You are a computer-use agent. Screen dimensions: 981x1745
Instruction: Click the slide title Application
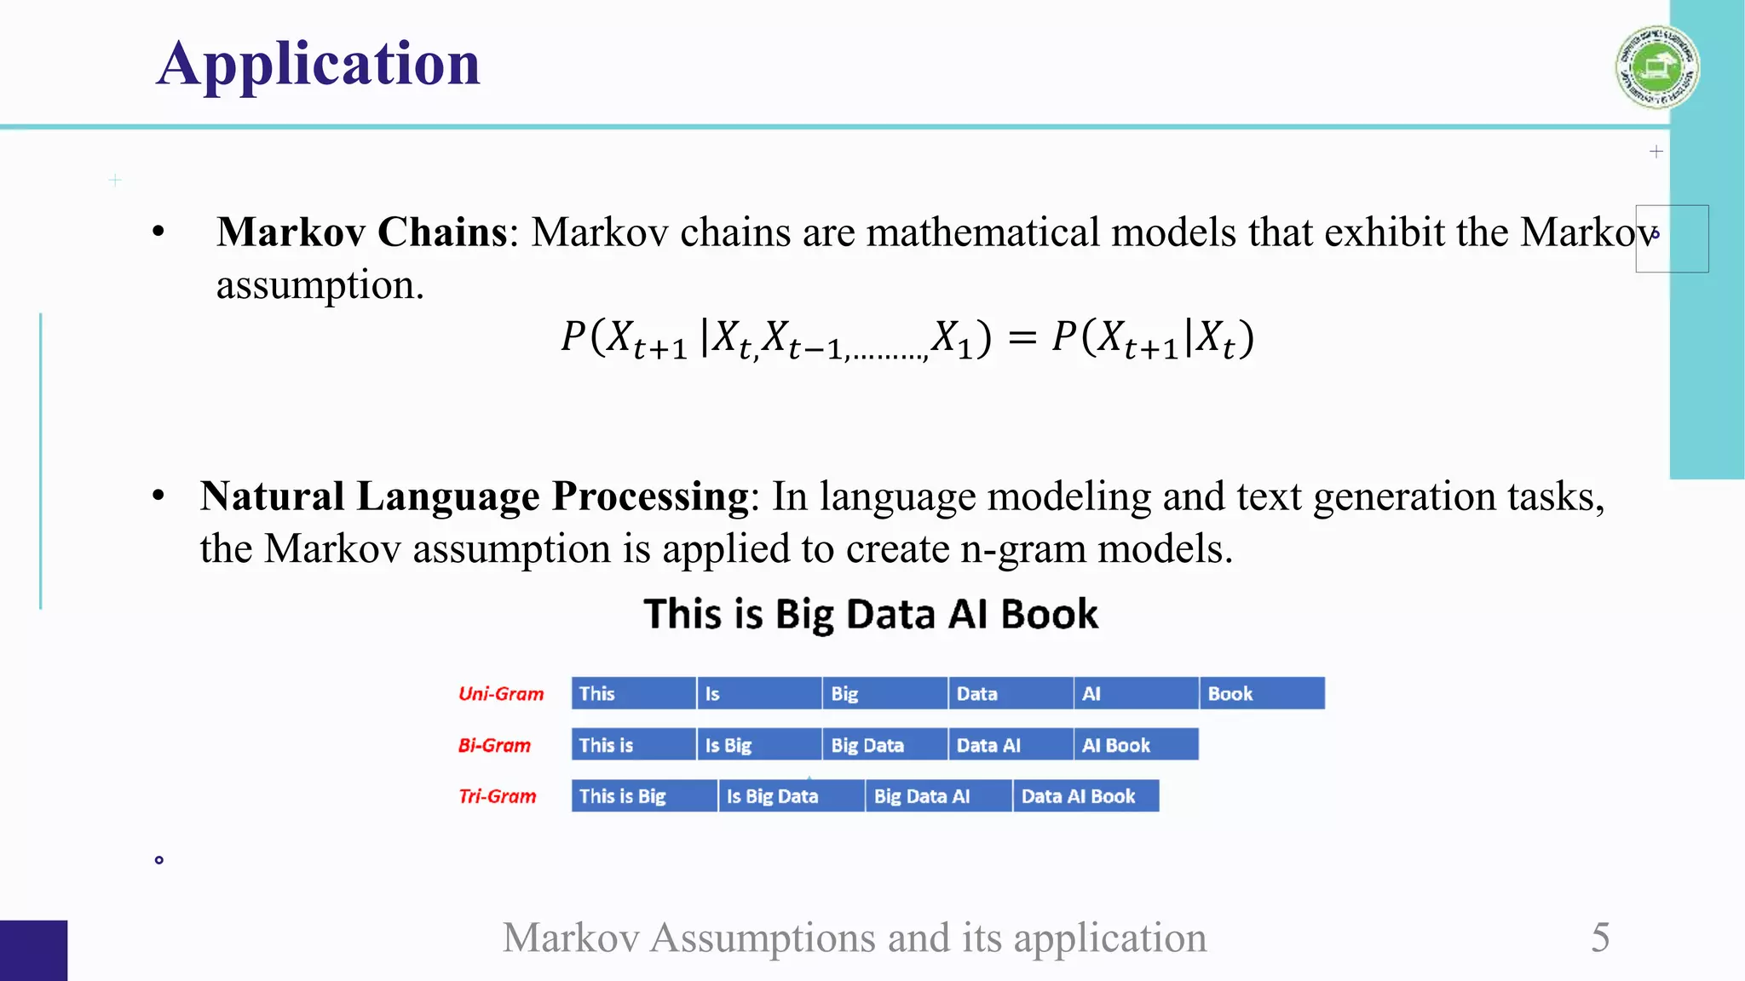[319, 64]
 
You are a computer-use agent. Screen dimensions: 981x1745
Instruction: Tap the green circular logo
[1656, 67]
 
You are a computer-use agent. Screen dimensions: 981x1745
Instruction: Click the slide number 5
[1600, 938]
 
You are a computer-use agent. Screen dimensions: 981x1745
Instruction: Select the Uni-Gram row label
[501, 694]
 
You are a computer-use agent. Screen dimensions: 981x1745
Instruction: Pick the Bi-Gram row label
[494, 746]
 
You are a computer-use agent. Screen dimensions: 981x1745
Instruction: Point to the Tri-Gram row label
[498, 796]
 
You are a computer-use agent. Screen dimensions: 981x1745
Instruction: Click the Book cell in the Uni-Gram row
[1261, 693]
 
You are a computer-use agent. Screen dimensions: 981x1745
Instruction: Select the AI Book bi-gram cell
[1135, 745]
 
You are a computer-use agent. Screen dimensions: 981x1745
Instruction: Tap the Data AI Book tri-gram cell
[1085, 796]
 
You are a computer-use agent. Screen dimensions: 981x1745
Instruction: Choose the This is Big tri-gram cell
[643, 796]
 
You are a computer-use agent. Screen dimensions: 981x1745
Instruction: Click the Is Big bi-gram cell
[758, 745]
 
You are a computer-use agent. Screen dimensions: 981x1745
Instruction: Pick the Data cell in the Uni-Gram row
[1010, 693]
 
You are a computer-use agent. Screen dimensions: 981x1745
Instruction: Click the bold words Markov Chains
[362, 232]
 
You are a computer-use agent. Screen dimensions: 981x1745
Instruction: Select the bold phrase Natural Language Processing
[474, 496]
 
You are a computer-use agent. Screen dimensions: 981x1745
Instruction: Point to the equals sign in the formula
[1022, 338]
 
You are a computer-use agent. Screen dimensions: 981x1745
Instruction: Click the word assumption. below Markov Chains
[320, 285]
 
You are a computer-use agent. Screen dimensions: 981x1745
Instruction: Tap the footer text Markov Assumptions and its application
[854, 938]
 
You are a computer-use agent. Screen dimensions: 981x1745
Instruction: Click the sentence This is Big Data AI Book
[871, 614]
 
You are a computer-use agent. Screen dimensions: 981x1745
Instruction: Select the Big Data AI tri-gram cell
[937, 796]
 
